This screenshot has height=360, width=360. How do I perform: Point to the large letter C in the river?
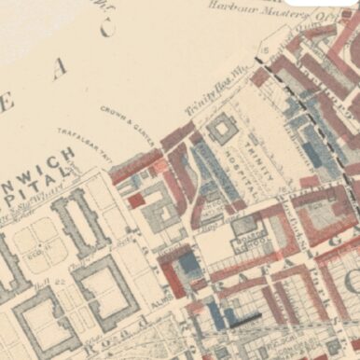pos(106,29)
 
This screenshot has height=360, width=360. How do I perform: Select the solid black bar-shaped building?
pos(245,318)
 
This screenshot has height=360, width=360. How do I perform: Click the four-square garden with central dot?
pos(38,237)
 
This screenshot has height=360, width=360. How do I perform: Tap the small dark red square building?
pos(137,200)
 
